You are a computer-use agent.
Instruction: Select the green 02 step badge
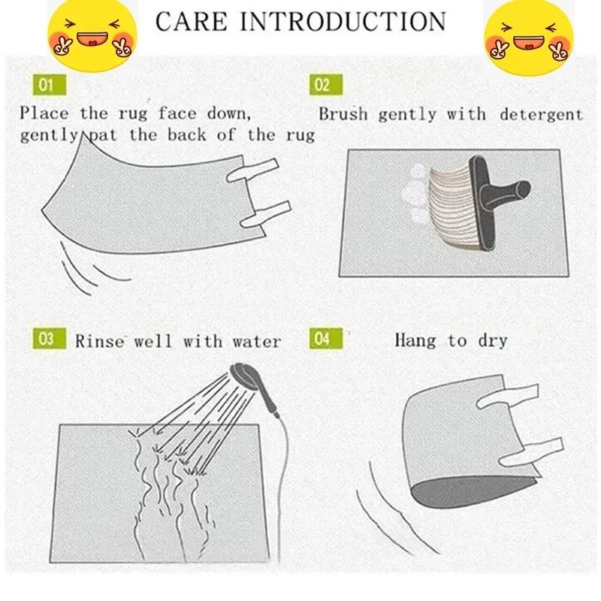click(x=322, y=84)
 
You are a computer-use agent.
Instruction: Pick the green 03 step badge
click(x=47, y=340)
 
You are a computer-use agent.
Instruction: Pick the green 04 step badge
click(x=322, y=340)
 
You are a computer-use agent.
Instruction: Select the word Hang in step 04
click(x=415, y=340)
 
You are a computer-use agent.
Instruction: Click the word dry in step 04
click(x=492, y=340)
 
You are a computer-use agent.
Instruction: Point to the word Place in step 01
click(x=44, y=113)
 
